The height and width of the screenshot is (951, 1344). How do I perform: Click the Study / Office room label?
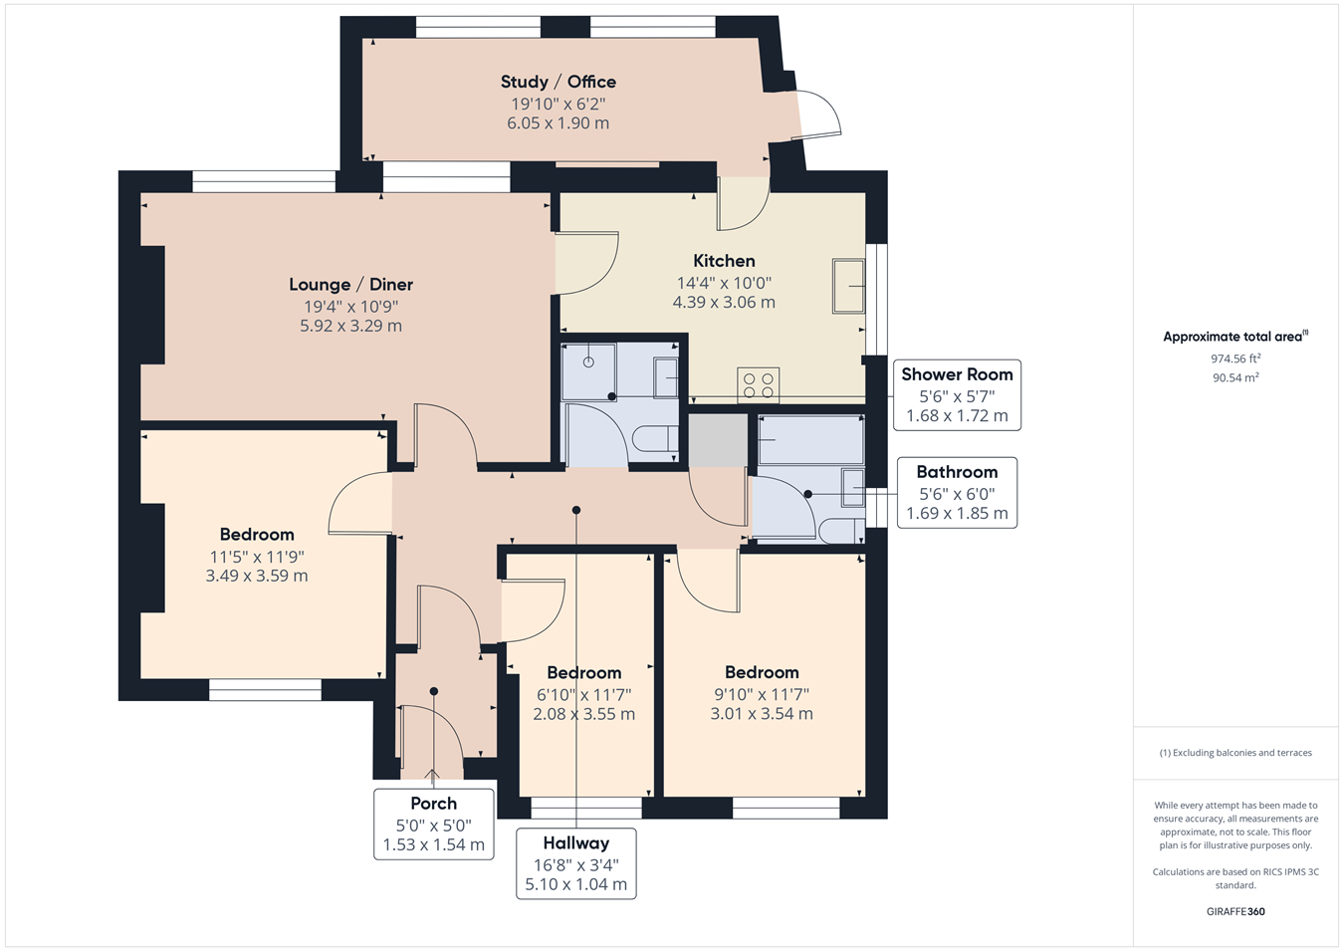tap(558, 82)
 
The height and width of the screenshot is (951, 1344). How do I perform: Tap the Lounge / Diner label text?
tap(351, 285)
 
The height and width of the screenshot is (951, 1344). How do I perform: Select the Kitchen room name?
tap(724, 261)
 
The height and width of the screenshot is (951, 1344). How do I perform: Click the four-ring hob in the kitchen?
tap(759, 385)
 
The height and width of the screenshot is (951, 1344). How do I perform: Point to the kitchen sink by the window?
tap(848, 286)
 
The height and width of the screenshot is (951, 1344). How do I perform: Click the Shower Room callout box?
tap(957, 394)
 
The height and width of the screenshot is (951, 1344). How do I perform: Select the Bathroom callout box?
tap(957, 493)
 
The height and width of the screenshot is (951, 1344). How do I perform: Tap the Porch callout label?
tap(434, 824)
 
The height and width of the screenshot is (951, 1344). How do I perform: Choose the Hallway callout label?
tap(576, 863)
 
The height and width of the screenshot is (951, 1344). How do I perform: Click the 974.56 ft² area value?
tap(1235, 358)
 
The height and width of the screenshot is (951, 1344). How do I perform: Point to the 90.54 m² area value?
tap(1235, 378)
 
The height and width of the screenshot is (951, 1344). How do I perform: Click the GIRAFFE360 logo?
tap(1235, 911)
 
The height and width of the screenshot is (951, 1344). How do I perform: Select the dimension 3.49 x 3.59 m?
tap(257, 576)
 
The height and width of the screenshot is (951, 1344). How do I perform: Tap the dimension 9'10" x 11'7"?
tap(762, 694)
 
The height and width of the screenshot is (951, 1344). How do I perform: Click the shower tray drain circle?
tap(588, 361)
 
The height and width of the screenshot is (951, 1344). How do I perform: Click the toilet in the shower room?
tap(655, 438)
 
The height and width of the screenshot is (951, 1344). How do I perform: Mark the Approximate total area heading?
tap(1235, 337)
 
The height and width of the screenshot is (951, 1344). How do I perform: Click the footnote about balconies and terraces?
tap(1235, 753)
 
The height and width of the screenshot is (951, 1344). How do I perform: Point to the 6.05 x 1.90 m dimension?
tap(558, 123)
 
